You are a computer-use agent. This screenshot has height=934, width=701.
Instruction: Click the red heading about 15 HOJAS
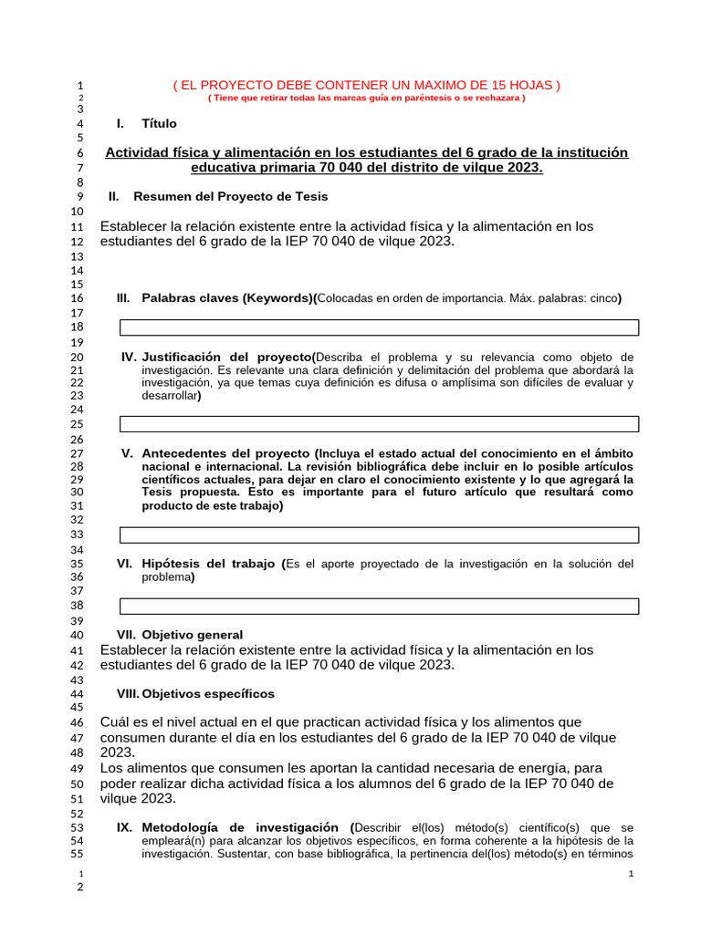click(367, 85)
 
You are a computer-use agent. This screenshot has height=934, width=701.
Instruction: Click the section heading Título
click(160, 123)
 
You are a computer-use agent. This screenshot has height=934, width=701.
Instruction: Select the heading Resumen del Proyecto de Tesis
click(230, 196)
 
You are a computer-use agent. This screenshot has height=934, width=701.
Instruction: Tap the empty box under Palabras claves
click(380, 327)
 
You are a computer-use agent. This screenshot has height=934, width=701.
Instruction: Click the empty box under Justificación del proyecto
click(380, 424)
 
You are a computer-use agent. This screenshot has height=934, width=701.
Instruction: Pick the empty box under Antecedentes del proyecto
click(380, 534)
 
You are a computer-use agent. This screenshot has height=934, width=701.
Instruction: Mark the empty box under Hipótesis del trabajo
click(380, 606)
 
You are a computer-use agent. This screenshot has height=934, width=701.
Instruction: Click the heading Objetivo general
click(192, 634)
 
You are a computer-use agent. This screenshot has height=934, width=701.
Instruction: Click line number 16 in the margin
click(77, 298)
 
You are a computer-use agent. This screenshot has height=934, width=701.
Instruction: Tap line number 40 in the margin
click(77, 635)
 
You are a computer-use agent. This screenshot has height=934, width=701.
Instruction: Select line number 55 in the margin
click(77, 855)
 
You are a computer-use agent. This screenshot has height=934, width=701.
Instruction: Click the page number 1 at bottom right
click(632, 876)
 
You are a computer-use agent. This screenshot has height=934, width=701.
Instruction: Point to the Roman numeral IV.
click(129, 357)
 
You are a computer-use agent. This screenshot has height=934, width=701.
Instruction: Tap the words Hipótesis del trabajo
click(208, 564)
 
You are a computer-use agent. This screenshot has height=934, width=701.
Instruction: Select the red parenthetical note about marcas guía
click(367, 99)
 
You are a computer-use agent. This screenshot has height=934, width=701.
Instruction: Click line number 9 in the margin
click(80, 196)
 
